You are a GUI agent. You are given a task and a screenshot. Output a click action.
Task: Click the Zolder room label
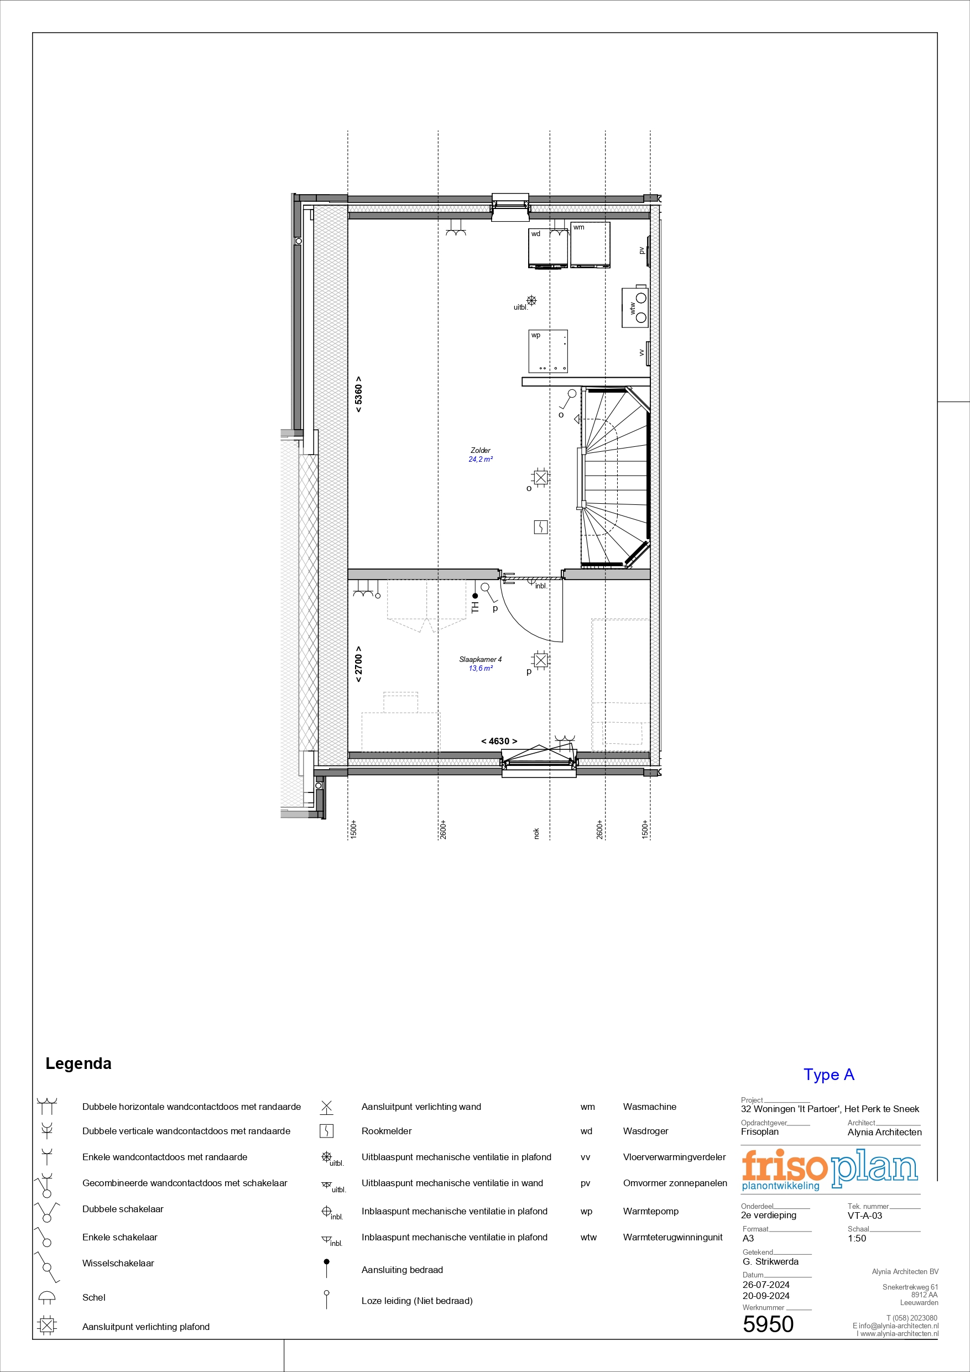[481, 451]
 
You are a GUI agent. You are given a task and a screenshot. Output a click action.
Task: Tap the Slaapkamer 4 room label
[481, 660]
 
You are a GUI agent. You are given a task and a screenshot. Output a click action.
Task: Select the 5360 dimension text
[358, 394]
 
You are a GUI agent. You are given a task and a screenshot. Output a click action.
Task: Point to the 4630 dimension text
[499, 741]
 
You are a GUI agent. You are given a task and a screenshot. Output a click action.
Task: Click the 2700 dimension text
[358, 664]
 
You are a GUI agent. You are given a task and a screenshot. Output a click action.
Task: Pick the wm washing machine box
[591, 245]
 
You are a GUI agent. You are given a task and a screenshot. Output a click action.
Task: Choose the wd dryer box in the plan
[548, 249]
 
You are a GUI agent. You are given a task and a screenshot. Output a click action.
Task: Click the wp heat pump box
[548, 351]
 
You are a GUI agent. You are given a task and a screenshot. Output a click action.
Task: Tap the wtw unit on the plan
[635, 307]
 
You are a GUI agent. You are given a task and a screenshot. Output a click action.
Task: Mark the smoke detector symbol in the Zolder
[541, 527]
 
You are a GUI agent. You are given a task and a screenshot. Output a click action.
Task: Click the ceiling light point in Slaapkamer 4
[540, 660]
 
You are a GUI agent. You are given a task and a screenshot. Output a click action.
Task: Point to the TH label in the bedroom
[475, 608]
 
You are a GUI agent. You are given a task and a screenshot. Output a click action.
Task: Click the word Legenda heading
[79, 1063]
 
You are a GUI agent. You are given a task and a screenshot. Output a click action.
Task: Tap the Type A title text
[829, 1074]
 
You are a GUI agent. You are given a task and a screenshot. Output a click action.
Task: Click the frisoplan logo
[830, 1170]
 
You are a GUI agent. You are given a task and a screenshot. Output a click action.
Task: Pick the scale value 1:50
[857, 1238]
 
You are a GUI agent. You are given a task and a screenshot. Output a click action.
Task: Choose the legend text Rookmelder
[387, 1131]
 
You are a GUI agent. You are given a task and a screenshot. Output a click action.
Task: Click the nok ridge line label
[536, 833]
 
